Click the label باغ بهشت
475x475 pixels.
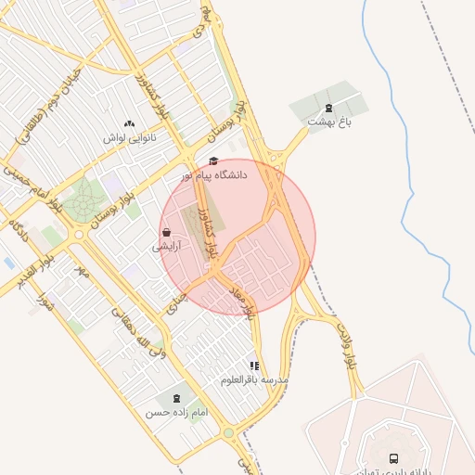click(331, 122)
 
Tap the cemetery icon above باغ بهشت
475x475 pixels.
click(328, 108)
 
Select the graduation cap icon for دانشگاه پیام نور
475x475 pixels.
click(213, 160)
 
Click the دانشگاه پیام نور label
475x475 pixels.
click(214, 174)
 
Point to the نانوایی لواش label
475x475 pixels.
click(129, 137)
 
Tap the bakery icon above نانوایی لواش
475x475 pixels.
click(129, 123)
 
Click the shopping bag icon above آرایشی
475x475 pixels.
click(166, 232)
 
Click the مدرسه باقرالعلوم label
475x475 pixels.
click(255, 380)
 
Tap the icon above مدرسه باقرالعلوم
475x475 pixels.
click(254, 366)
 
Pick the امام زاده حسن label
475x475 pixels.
click(176, 412)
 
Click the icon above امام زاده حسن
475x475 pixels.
click(177, 398)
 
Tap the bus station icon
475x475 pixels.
click(394, 458)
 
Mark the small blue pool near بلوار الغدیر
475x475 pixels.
click(9, 263)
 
